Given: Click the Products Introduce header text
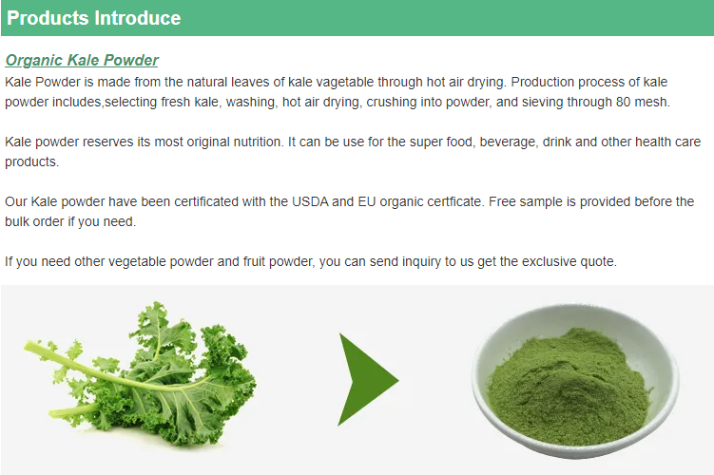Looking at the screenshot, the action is click(94, 18).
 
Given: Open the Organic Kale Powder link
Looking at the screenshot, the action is click(82, 60).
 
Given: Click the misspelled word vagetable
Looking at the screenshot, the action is click(345, 83).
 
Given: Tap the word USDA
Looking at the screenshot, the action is click(310, 201).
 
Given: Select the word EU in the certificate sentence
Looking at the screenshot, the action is click(367, 201).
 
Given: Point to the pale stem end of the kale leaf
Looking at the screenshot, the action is click(29, 347).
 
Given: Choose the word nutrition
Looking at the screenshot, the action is click(259, 142).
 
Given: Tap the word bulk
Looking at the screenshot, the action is click(17, 221).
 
